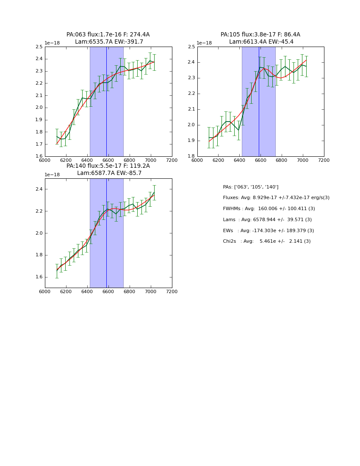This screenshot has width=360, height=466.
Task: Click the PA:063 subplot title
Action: (x=108, y=35)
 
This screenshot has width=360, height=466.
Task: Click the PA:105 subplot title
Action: (x=260, y=35)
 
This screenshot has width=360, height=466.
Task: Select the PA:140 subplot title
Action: (x=108, y=166)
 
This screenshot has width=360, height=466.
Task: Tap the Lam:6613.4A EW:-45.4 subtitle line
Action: (x=261, y=42)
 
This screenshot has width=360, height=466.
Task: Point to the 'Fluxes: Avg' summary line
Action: (x=276, y=198)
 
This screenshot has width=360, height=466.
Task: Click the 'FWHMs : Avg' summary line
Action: (x=269, y=209)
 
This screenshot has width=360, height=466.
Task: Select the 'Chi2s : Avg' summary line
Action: (x=266, y=241)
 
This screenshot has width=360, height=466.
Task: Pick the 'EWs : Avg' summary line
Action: (x=268, y=231)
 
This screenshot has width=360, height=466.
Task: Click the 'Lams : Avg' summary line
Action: (x=267, y=220)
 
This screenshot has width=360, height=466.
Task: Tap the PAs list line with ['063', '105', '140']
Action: (x=250, y=187)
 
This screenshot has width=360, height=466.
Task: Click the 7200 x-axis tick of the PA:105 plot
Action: (x=324, y=160)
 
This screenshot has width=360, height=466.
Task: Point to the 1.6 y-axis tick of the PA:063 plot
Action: (x=39, y=157)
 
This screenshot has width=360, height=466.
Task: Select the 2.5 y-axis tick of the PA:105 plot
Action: (x=191, y=47)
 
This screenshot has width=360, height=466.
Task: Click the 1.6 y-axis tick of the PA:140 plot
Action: (x=39, y=277)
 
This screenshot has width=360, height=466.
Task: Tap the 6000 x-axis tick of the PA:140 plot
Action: (x=45, y=291)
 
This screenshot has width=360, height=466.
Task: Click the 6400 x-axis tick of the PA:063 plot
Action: (x=87, y=160)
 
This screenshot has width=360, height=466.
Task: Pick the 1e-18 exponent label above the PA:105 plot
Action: (x=204, y=43)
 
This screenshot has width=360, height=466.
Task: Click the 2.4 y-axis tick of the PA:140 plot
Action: (x=39, y=189)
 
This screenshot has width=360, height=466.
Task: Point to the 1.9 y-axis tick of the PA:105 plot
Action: (x=191, y=141)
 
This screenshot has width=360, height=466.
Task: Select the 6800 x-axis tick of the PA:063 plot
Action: (x=129, y=160)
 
